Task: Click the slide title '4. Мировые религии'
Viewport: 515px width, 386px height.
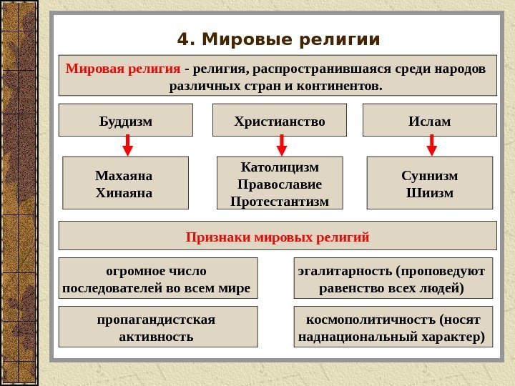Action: coord(278,39)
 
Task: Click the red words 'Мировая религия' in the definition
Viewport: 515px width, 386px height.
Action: coord(122,69)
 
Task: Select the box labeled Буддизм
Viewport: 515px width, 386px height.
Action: coord(125,121)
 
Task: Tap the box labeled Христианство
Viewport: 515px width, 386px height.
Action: coord(280,121)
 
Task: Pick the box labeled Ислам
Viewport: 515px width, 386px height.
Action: coord(429,121)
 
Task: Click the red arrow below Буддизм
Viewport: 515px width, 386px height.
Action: coord(128,145)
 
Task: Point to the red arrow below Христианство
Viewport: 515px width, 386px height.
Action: coord(282,145)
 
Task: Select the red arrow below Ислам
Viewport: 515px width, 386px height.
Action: coord(431,145)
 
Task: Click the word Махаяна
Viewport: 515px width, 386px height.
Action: coord(124,175)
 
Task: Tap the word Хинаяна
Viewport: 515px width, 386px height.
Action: coord(124,192)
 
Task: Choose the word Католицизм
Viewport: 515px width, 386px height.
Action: coord(280,167)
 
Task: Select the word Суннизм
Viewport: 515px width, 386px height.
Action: coord(430,175)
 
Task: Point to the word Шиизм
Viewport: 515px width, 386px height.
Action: coord(430,192)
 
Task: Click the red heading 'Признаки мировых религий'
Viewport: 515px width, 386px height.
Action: coord(278,236)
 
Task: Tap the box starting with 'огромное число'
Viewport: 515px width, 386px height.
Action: coord(157,279)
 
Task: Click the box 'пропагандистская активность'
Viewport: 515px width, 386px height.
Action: coord(157,327)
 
